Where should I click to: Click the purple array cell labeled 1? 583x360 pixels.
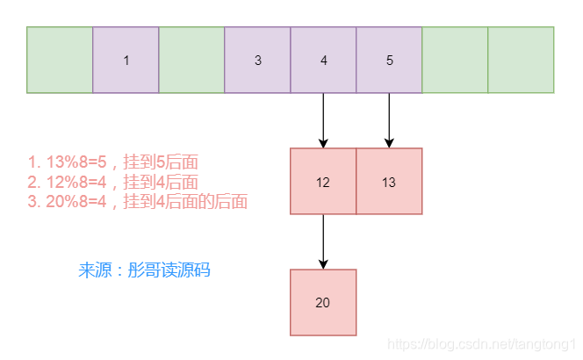click(x=126, y=60)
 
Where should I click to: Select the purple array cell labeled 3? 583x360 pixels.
click(x=257, y=60)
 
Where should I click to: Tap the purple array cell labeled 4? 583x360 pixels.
click(x=323, y=60)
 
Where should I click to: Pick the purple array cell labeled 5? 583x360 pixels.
click(x=389, y=60)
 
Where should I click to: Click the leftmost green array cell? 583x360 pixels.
click(x=60, y=60)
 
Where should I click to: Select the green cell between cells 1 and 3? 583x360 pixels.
click(x=191, y=60)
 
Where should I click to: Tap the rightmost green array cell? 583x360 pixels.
click(x=521, y=60)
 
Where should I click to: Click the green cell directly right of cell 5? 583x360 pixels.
click(x=455, y=60)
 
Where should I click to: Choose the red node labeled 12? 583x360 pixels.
click(x=323, y=181)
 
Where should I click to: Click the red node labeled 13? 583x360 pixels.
click(x=389, y=181)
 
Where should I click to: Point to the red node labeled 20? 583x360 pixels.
click(x=323, y=302)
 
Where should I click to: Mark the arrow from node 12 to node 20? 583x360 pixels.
click(x=323, y=241)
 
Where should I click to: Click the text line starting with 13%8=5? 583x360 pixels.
click(x=112, y=162)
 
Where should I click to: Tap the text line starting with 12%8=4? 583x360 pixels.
click(x=112, y=182)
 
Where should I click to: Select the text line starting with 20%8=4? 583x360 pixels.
click(x=137, y=202)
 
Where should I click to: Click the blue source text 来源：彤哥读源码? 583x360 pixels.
click(x=144, y=270)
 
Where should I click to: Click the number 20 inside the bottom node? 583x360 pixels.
click(x=323, y=303)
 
